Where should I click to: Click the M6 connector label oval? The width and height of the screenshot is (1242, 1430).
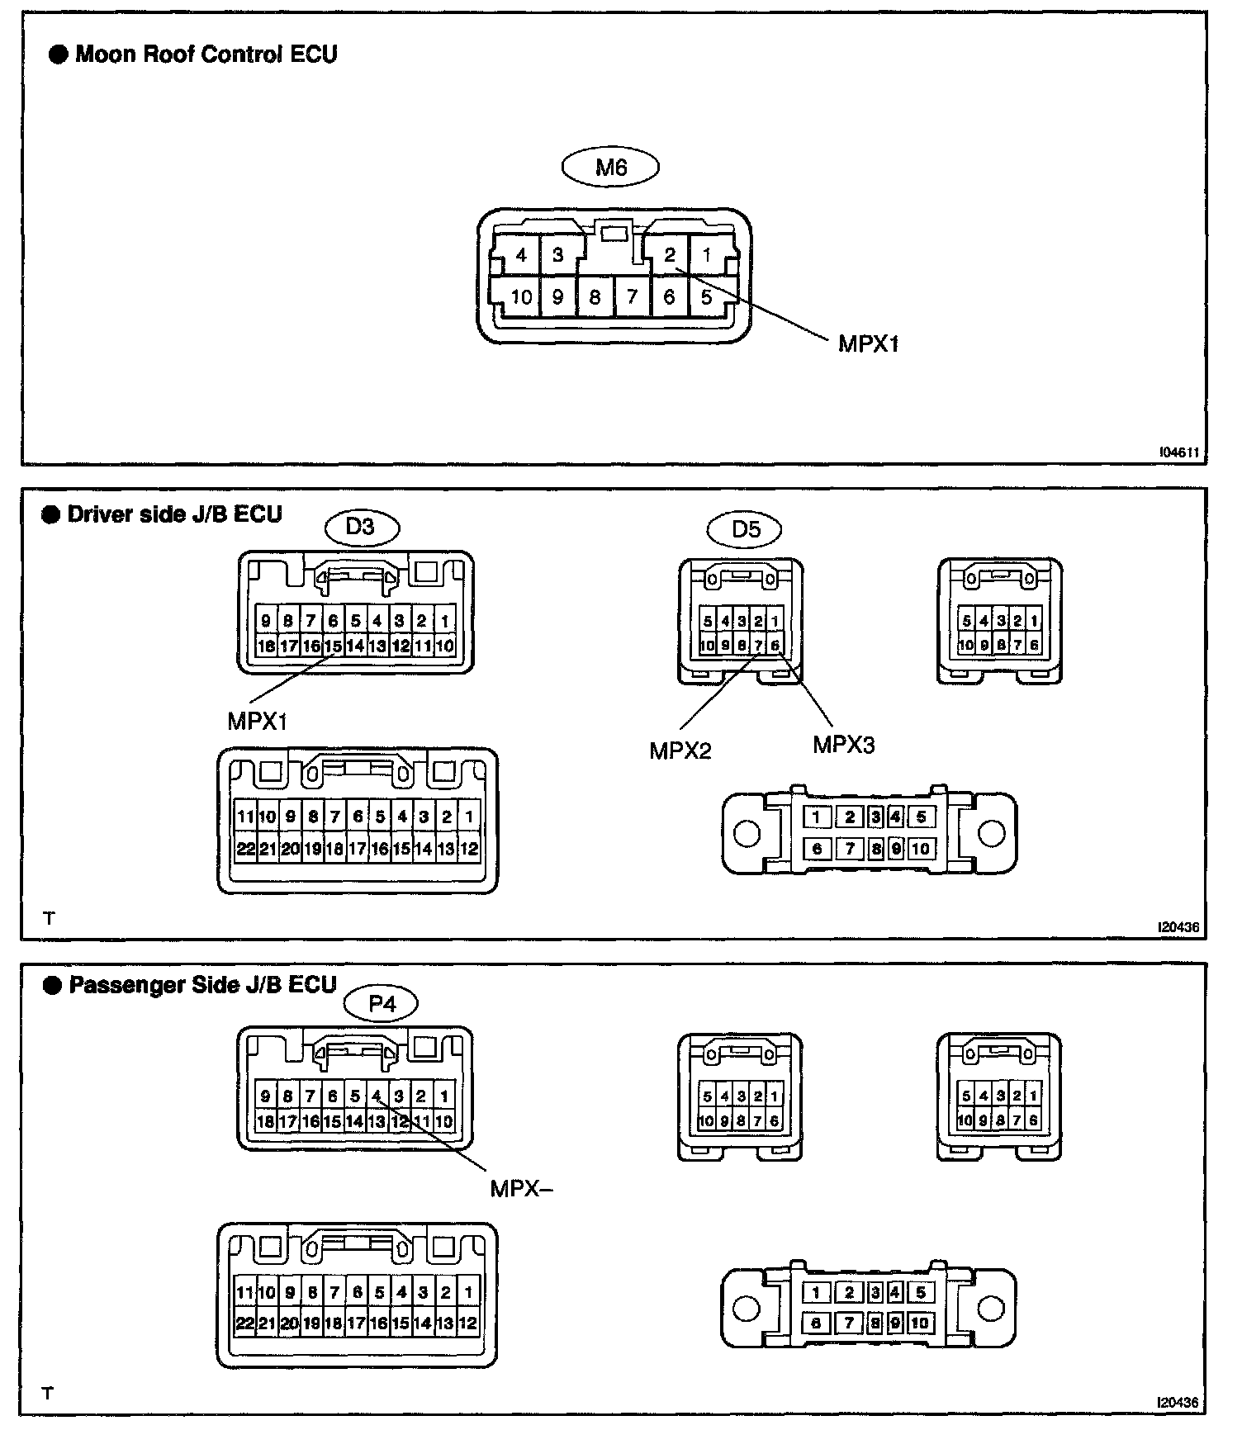(x=610, y=168)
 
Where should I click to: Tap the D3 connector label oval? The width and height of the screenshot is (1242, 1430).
(x=360, y=527)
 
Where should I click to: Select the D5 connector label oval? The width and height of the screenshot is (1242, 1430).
(x=746, y=529)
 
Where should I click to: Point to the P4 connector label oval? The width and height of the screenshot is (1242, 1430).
(x=382, y=1004)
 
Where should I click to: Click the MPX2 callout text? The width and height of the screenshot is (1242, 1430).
(x=680, y=751)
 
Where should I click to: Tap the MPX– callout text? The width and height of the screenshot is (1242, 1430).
(x=521, y=1188)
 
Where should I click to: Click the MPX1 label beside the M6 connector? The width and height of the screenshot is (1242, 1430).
(x=868, y=343)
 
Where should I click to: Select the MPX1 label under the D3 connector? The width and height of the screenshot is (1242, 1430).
(x=258, y=721)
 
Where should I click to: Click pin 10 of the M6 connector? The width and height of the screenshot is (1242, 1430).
(x=521, y=297)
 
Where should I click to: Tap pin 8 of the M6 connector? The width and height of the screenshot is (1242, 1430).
(x=595, y=297)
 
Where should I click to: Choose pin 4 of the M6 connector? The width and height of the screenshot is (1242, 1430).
(x=520, y=255)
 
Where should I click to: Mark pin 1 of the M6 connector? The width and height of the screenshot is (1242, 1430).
(x=707, y=255)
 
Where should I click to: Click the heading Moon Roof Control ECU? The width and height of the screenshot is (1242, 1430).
(x=206, y=54)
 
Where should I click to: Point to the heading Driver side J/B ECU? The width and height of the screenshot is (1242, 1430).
(x=174, y=514)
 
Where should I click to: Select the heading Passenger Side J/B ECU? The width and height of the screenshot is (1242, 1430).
(x=202, y=985)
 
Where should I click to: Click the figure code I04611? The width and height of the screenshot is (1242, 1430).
(x=1178, y=453)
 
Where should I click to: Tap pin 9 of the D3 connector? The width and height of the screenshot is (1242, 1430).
(x=266, y=621)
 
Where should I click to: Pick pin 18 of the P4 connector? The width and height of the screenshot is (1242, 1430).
(x=265, y=1121)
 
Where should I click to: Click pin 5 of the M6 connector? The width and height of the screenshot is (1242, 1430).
(x=706, y=297)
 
